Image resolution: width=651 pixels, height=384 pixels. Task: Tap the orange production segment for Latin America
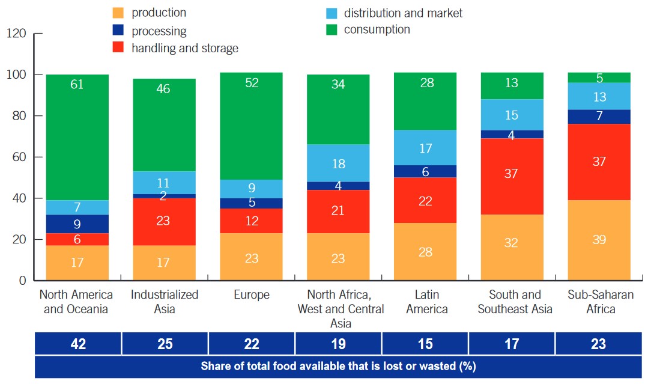pyautogui.click(x=425, y=251)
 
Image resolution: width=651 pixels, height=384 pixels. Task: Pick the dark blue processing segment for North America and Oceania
pyautogui.click(x=77, y=224)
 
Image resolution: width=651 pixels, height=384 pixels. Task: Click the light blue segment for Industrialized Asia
pyautogui.click(x=164, y=183)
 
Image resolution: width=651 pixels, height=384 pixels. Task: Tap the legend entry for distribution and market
pyautogui.click(x=403, y=13)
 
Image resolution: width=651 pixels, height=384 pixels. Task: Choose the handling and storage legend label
pyautogui.click(x=185, y=48)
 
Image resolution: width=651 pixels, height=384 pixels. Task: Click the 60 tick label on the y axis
pyautogui.click(x=20, y=157)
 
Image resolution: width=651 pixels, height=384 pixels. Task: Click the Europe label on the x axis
pyautogui.click(x=251, y=295)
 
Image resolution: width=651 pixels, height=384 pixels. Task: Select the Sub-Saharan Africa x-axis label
pyautogui.click(x=599, y=302)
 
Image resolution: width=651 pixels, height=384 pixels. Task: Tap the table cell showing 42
pyautogui.click(x=78, y=344)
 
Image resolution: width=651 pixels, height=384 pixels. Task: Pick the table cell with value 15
pyautogui.click(x=425, y=344)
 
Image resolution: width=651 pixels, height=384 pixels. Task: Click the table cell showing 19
pyautogui.click(x=338, y=344)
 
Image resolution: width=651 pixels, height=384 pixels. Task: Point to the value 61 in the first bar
pyautogui.click(x=77, y=85)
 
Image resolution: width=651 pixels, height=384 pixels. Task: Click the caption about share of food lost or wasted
pyautogui.click(x=338, y=366)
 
